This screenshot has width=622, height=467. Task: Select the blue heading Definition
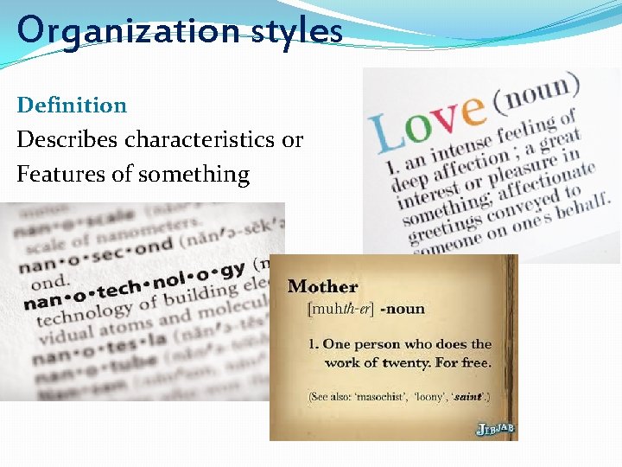tap(72, 106)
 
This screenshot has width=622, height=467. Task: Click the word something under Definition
tap(192, 174)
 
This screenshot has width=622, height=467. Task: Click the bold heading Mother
tap(322, 286)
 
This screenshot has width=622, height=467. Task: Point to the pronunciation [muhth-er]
tap(340, 308)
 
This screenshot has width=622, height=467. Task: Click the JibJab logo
tap(495, 428)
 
